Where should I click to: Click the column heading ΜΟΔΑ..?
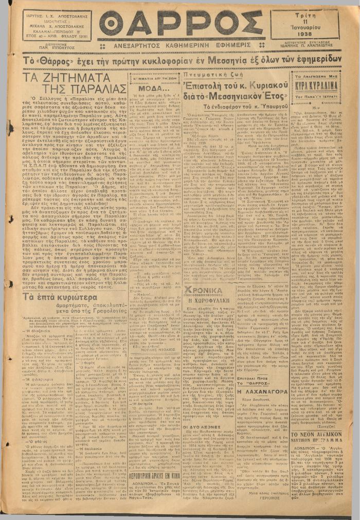[x=154, y=88]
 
